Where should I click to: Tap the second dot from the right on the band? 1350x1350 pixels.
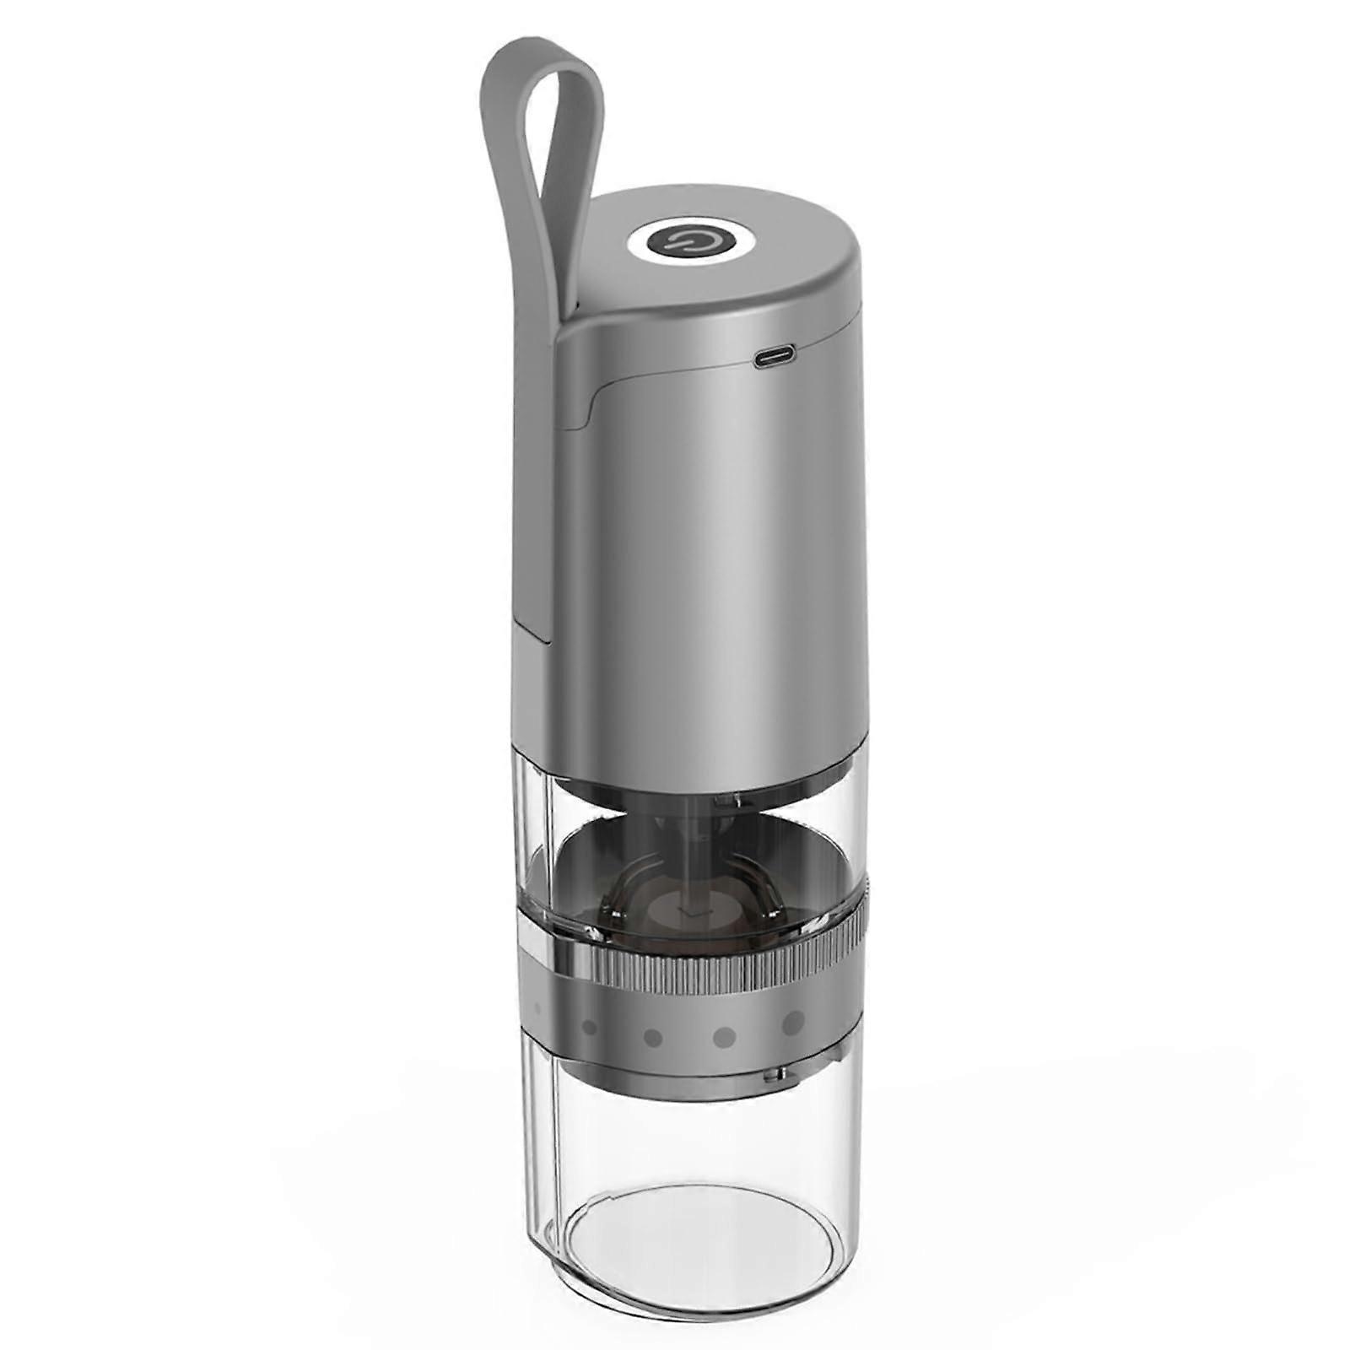[x=724, y=1035]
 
